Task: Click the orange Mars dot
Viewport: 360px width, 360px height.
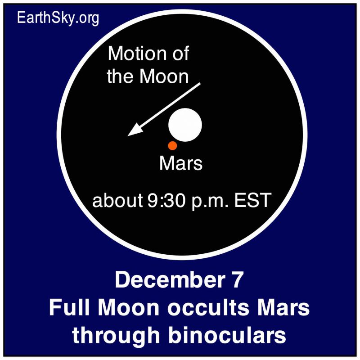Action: pyautogui.click(x=172, y=145)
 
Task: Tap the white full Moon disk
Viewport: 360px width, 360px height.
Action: pyautogui.click(x=185, y=125)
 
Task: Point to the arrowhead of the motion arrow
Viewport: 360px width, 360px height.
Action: pyautogui.click(x=128, y=136)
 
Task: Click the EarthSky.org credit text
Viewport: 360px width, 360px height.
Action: pyautogui.click(x=58, y=18)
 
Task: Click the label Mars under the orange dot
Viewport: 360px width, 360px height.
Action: pyautogui.click(x=181, y=163)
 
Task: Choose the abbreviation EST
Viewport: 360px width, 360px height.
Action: pyautogui.click(x=252, y=200)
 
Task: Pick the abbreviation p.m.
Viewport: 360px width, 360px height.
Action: pyautogui.click(x=210, y=201)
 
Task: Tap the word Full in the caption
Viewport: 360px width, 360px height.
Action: pyautogui.click(x=69, y=308)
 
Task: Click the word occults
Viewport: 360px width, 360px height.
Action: pyautogui.click(x=208, y=308)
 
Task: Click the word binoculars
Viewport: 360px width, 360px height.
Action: pyautogui.click(x=227, y=335)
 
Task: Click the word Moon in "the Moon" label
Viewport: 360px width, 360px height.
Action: pyautogui.click(x=164, y=76)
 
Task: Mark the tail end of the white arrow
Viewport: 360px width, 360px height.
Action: pyautogui.click(x=200, y=84)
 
